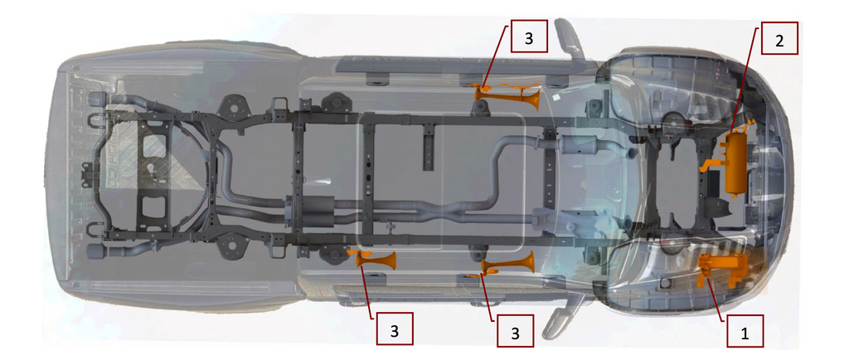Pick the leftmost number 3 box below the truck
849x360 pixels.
point(395,330)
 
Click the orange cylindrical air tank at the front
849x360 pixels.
point(735,164)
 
